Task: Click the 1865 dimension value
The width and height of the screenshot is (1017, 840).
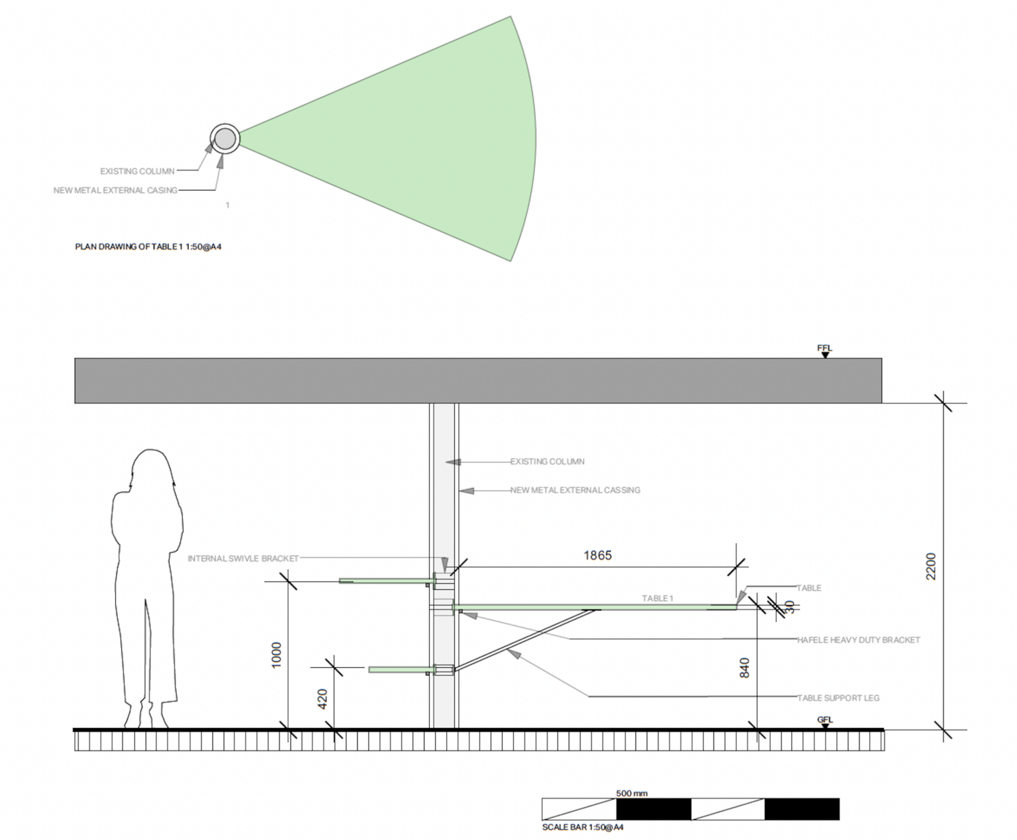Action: click(x=597, y=555)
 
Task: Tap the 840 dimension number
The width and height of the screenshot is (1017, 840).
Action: click(x=744, y=667)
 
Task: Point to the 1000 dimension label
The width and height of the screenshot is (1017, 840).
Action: click(x=277, y=654)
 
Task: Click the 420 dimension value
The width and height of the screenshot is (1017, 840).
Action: click(x=322, y=699)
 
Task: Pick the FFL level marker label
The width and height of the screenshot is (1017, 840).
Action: click(x=824, y=348)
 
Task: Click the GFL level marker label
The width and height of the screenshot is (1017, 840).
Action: click(x=824, y=720)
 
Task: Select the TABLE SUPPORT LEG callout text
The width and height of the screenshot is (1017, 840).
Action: click(x=838, y=698)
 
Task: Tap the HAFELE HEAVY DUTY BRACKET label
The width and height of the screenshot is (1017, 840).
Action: click(x=858, y=640)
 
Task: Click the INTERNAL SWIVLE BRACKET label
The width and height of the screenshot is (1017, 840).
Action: click(x=243, y=559)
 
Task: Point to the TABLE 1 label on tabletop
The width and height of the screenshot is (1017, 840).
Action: click(x=657, y=598)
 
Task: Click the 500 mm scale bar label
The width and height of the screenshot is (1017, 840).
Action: click(x=631, y=793)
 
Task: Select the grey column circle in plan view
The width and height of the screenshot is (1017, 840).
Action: click(x=224, y=139)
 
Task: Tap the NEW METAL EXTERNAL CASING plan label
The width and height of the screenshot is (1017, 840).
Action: click(x=115, y=191)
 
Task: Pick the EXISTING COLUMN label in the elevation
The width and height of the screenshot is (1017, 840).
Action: click(x=547, y=461)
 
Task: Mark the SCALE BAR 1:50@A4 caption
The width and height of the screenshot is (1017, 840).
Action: click(x=583, y=827)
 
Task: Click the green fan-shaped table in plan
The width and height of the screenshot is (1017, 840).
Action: click(x=424, y=139)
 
